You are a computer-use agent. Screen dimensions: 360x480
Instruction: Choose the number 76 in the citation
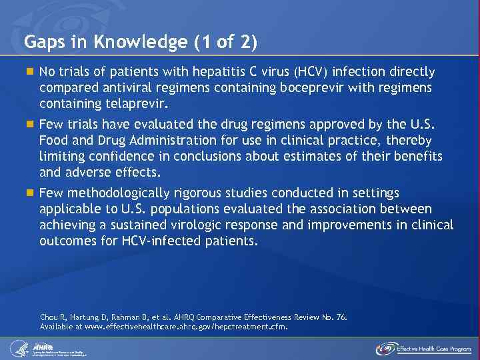point(340,318)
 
